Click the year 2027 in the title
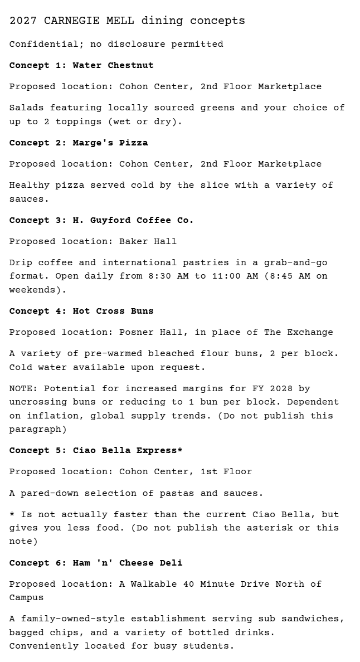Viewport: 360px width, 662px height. pos(23,21)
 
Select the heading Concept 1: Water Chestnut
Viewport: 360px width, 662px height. pos(81,65)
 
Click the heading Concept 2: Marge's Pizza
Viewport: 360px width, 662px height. pos(79,143)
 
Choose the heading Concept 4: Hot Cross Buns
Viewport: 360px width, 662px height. pos(81,311)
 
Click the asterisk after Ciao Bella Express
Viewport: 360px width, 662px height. pos(180,450)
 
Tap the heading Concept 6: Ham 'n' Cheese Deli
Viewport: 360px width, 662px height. pos(96,563)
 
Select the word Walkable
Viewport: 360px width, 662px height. pos(154,584)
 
